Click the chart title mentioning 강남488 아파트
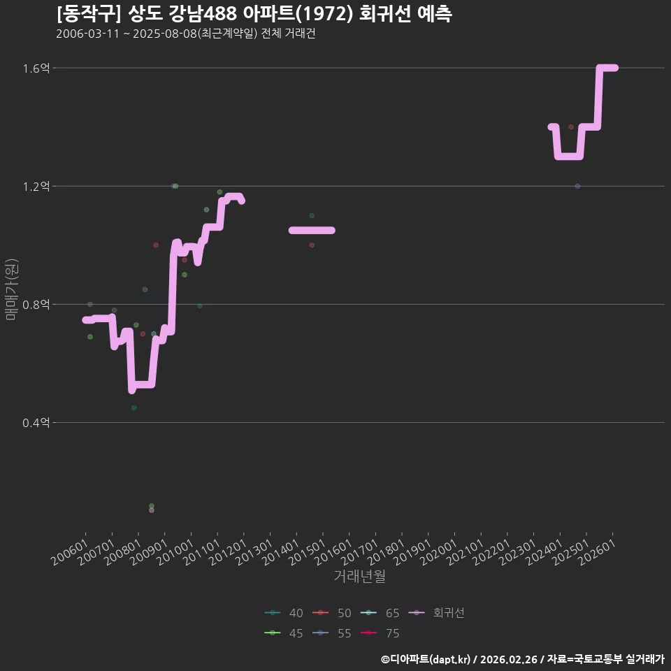[x=254, y=14]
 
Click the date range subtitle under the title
[x=186, y=34]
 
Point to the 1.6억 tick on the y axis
[x=36, y=68]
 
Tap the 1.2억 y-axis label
[x=36, y=187]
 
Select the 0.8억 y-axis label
[x=36, y=305]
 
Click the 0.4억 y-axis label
[x=36, y=423]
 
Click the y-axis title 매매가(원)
[x=11, y=289]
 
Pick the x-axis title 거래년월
[x=359, y=576]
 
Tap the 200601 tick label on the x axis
[x=70, y=552]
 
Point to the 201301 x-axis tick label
[x=254, y=552]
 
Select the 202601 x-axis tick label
[x=597, y=552]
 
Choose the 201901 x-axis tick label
[x=412, y=552]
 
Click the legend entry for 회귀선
[x=436, y=613]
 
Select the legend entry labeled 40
[x=284, y=613]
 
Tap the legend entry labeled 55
[x=331, y=633]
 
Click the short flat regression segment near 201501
[x=312, y=230]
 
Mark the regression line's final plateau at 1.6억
[x=609, y=68]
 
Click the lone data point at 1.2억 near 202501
[x=578, y=186]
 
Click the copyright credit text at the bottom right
[x=523, y=659]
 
